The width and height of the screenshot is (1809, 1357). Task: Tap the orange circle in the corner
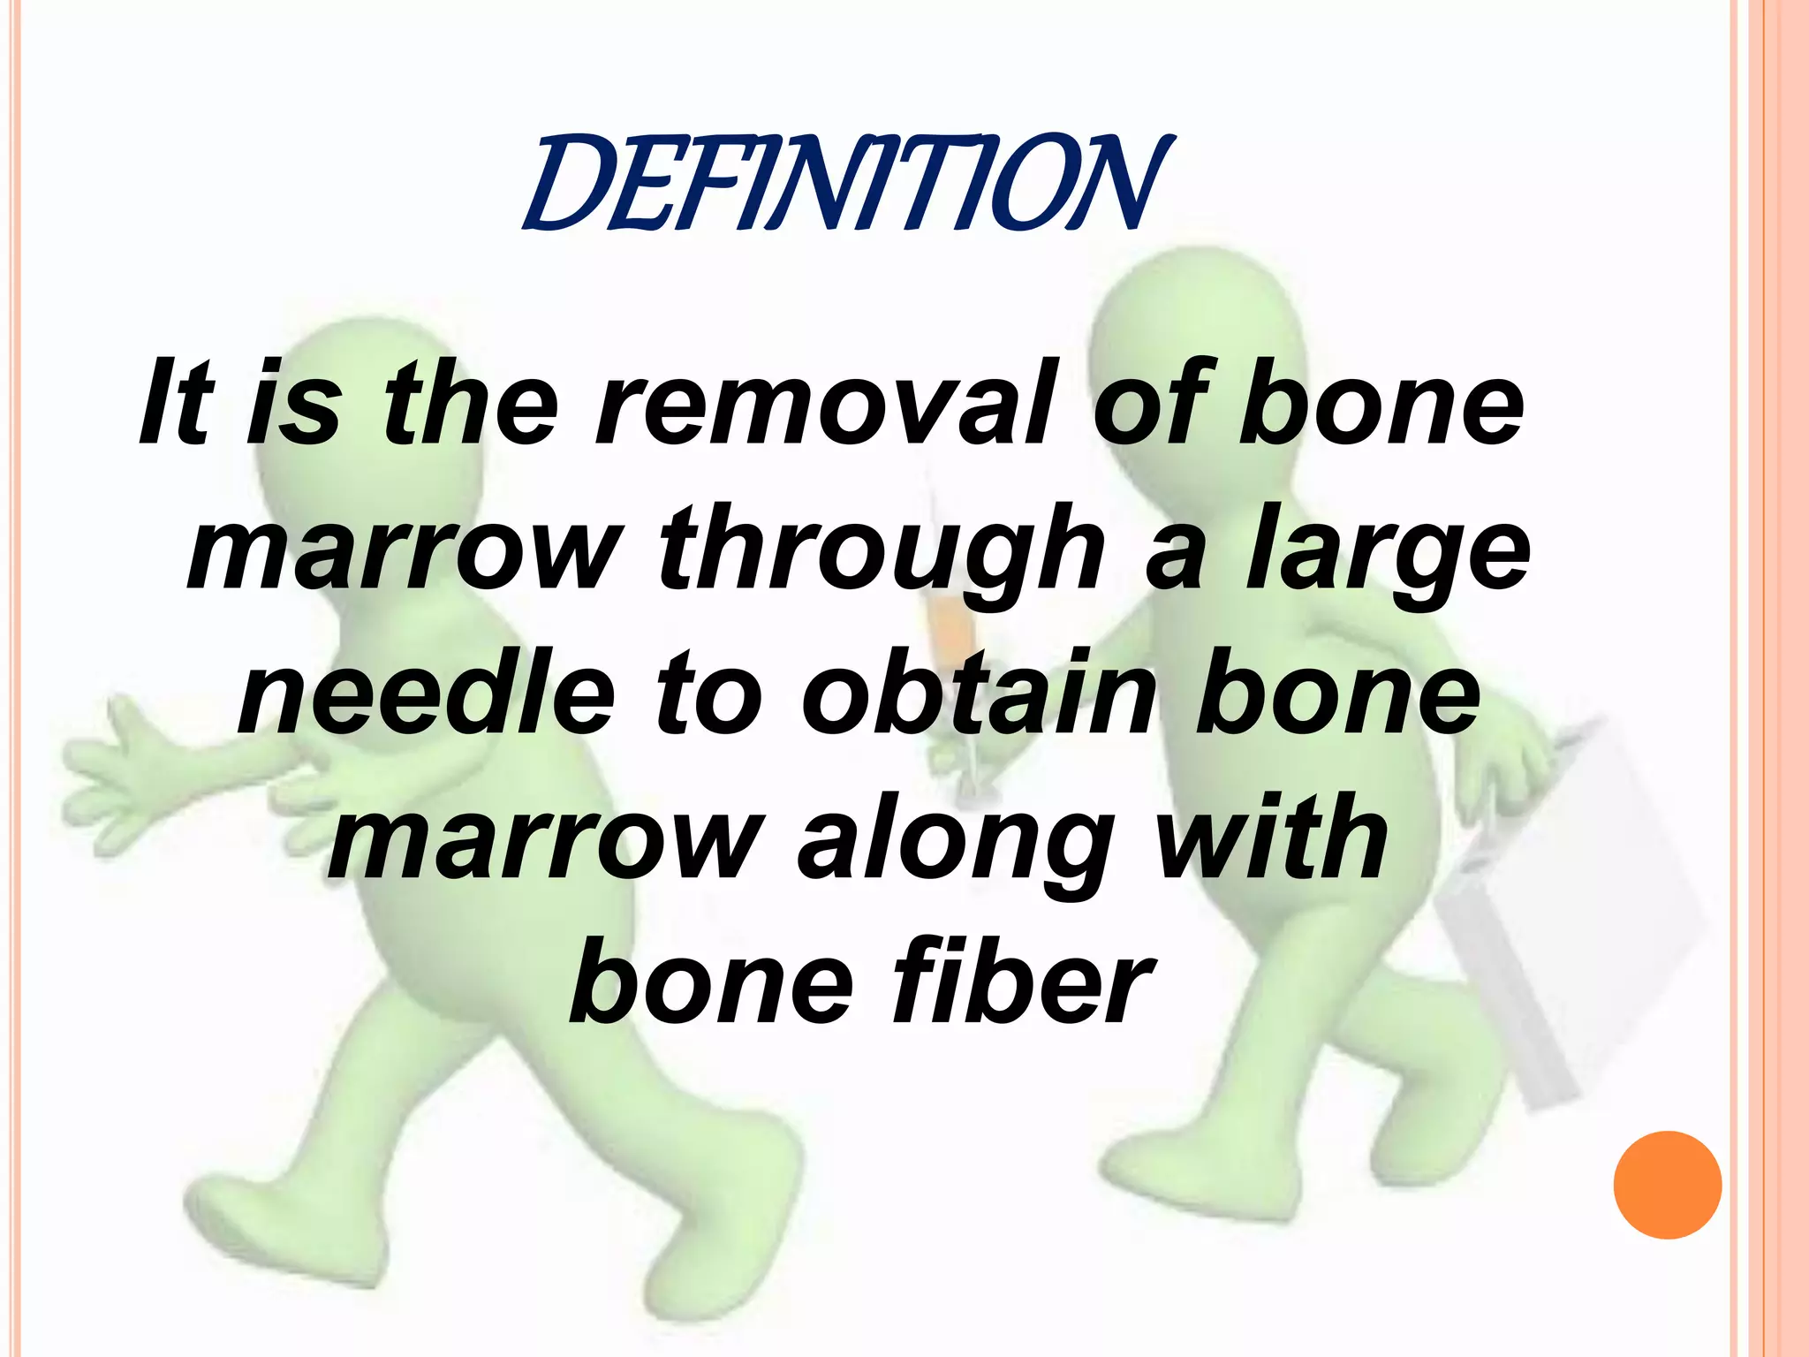(1667, 1185)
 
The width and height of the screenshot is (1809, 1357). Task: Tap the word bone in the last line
(711, 982)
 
